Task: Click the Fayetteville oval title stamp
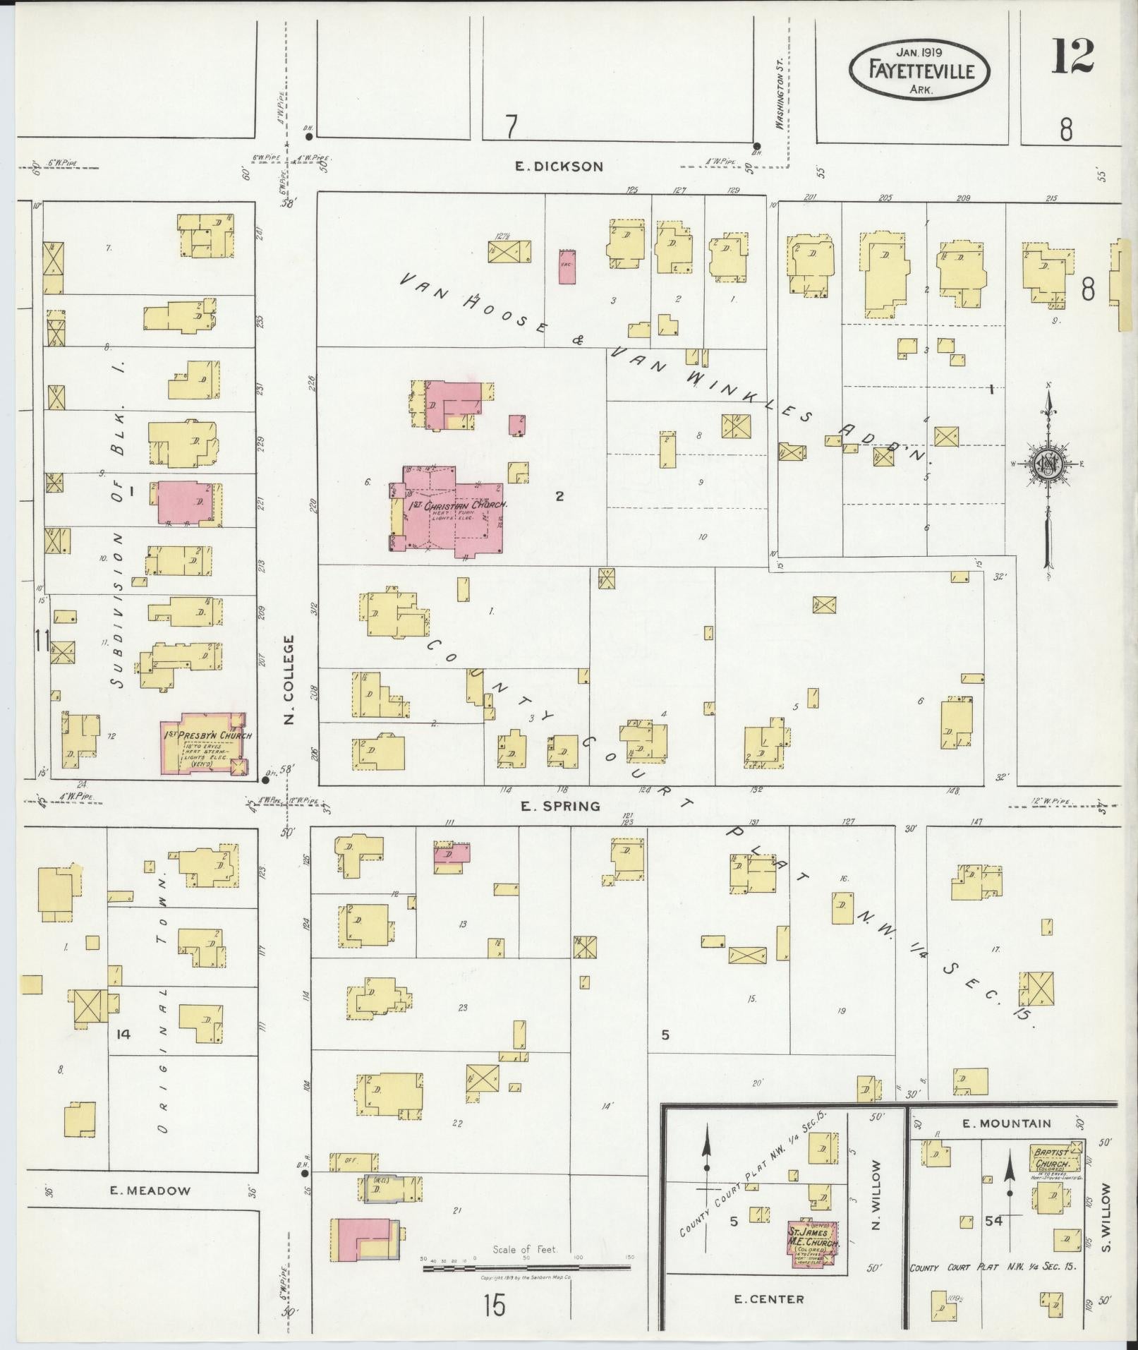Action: click(921, 71)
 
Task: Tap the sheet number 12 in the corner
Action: click(1072, 56)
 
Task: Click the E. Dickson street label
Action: click(559, 167)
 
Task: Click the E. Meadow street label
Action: click(150, 1191)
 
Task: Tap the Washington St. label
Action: click(780, 103)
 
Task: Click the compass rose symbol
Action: click(1049, 463)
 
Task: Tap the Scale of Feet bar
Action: click(526, 1268)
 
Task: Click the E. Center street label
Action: click(768, 1299)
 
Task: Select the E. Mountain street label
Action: click(1006, 1123)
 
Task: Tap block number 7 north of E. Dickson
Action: click(512, 127)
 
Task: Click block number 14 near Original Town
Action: click(123, 1034)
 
